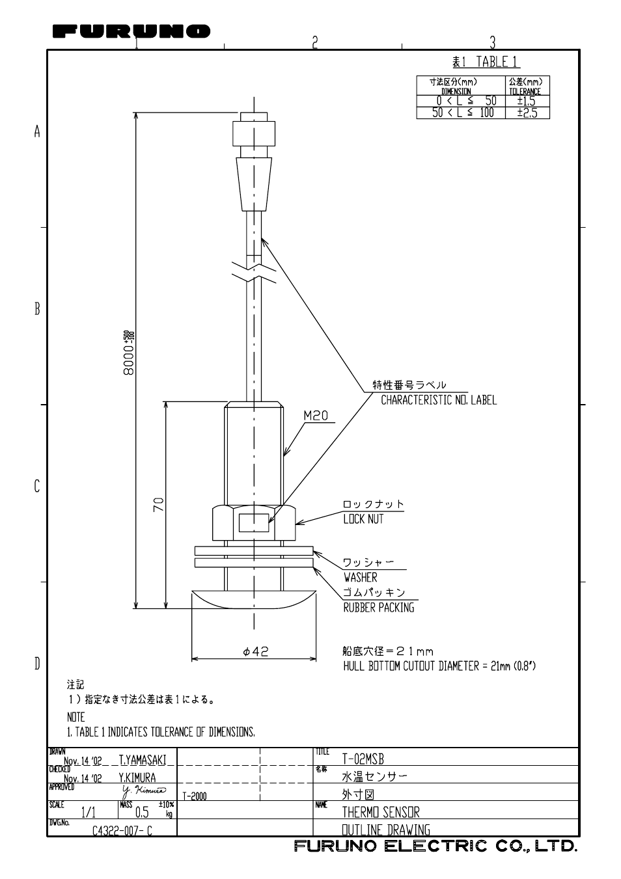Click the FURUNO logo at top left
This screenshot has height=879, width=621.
[131, 31]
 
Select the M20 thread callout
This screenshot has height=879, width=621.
[316, 416]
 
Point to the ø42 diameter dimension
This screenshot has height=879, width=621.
[255, 651]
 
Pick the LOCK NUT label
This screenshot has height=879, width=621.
[363, 519]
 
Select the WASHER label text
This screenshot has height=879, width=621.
[360, 577]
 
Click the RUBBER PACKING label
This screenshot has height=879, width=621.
[378, 607]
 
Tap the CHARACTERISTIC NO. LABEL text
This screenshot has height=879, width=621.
[438, 399]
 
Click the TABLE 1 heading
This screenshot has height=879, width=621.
[486, 62]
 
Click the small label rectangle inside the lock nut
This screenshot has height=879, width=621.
[254, 522]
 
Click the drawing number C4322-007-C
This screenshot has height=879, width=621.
[122, 831]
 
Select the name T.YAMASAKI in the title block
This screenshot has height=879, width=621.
[143, 760]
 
